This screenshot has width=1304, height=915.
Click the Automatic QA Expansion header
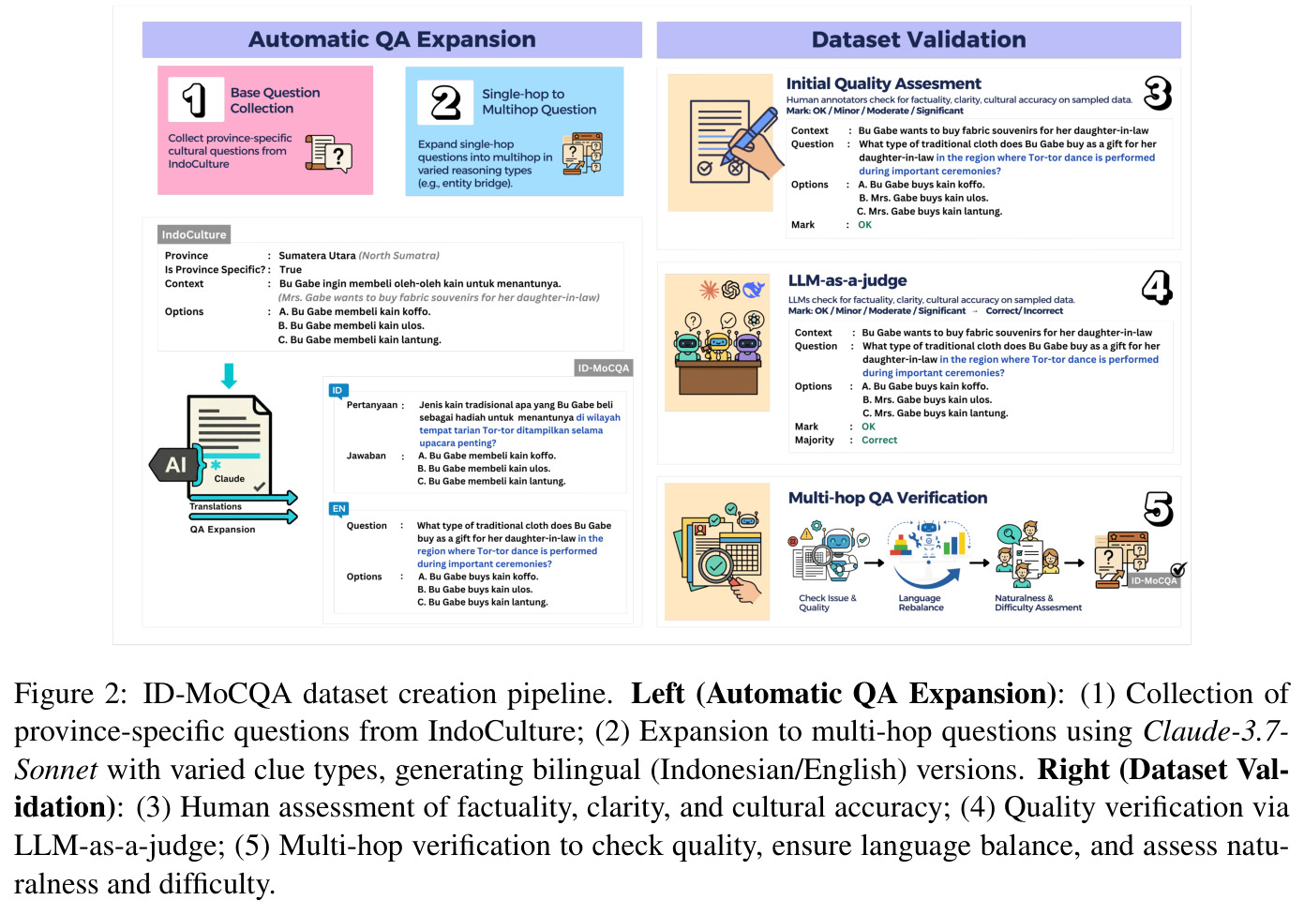click(x=392, y=39)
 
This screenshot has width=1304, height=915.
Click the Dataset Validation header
click(x=919, y=39)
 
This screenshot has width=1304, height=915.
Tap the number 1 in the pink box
click(x=194, y=99)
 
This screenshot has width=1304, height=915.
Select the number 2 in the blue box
click(x=445, y=102)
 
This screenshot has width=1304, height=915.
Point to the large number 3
click(x=1158, y=93)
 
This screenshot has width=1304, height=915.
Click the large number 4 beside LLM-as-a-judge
click(x=1156, y=287)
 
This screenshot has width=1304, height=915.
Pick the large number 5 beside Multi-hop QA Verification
click(x=1158, y=509)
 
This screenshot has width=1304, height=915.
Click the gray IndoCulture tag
click(x=194, y=234)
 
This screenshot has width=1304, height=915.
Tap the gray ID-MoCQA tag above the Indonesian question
click(x=603, y=367)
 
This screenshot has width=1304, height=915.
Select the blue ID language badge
click(x=337, y=391)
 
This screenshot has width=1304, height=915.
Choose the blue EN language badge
click(x=338, y=509)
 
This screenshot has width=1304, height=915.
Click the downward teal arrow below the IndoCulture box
click(x=229, y=375)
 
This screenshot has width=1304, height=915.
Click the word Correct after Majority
click(x=879, y=440)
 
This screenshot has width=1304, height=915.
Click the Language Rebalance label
click(x=921, y=603)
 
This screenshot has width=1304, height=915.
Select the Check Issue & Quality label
click(x=827, y=603)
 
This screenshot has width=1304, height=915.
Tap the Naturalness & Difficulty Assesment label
click(x=1038, y=603)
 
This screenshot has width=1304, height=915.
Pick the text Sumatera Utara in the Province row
click(x=317, y=256)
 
